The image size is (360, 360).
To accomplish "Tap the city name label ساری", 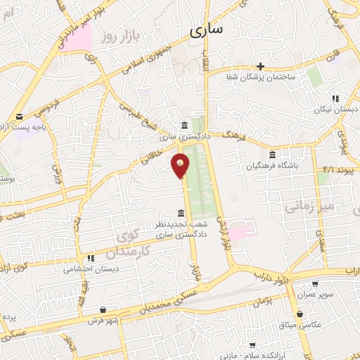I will tap(206, 30).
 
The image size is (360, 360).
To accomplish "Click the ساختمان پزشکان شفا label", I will tap(261, 76).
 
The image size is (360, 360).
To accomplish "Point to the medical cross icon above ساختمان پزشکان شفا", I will tap(261, 65).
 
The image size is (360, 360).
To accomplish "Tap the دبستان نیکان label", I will tap(335, 110).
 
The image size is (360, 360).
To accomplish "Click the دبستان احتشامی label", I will tap(91, 269).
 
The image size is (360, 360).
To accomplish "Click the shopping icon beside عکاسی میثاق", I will tap(300, 314).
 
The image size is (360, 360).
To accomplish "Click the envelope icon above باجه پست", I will tap(19, 116).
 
